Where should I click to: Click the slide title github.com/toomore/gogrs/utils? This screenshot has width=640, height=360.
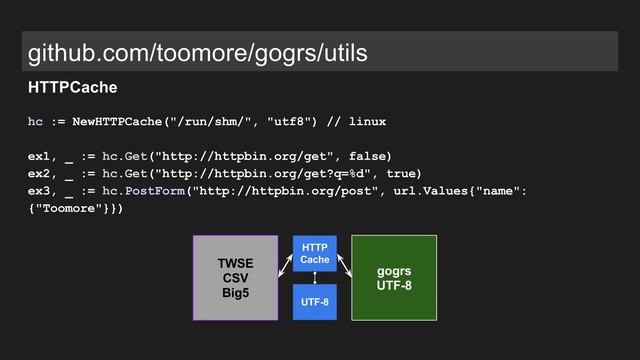tap(197, 52)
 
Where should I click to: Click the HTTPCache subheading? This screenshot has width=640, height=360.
tap(72, 89)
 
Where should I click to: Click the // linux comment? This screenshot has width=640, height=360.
tap(357, 122)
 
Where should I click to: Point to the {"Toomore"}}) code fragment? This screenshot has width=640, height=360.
tap(76, 207)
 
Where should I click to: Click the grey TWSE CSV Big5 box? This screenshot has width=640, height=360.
tap(235, 278)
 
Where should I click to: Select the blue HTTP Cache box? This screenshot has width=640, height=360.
tap(314, 253)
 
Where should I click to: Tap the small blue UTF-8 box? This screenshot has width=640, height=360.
tap(314, 301)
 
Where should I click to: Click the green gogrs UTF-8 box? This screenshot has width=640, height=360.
tap(394, 278)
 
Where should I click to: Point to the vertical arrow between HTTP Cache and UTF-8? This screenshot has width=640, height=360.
tap(315, 278)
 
